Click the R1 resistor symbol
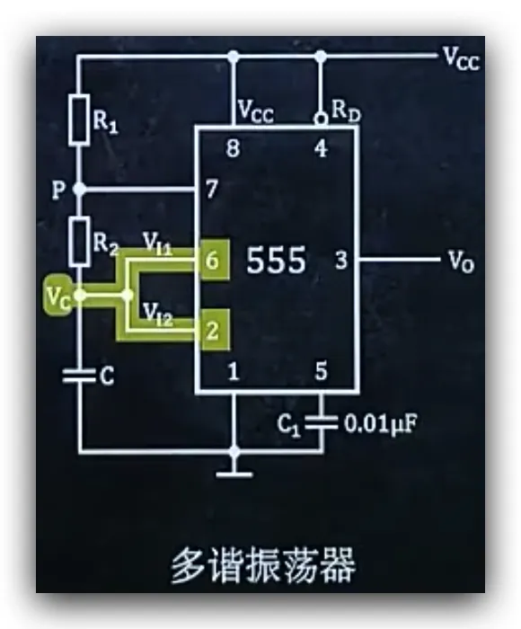pos(79,120)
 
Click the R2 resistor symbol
pos(79,242)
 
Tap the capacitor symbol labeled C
pos(79,377)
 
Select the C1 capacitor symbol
pos(322,423)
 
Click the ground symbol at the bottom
pos(234,467)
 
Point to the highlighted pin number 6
pos(213,261)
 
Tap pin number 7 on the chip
pos(212,189)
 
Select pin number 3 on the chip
pos(341,261)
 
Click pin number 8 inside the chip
pos(233,148)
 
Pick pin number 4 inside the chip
pos(321,148)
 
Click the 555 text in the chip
pos(276,261)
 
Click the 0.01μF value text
pos(380,424)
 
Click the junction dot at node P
pos(79,189)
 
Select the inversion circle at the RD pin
pos(321,120)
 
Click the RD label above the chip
pos(346,111)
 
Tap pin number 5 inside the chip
pos(321,371)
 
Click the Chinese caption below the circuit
pos(263,564)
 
